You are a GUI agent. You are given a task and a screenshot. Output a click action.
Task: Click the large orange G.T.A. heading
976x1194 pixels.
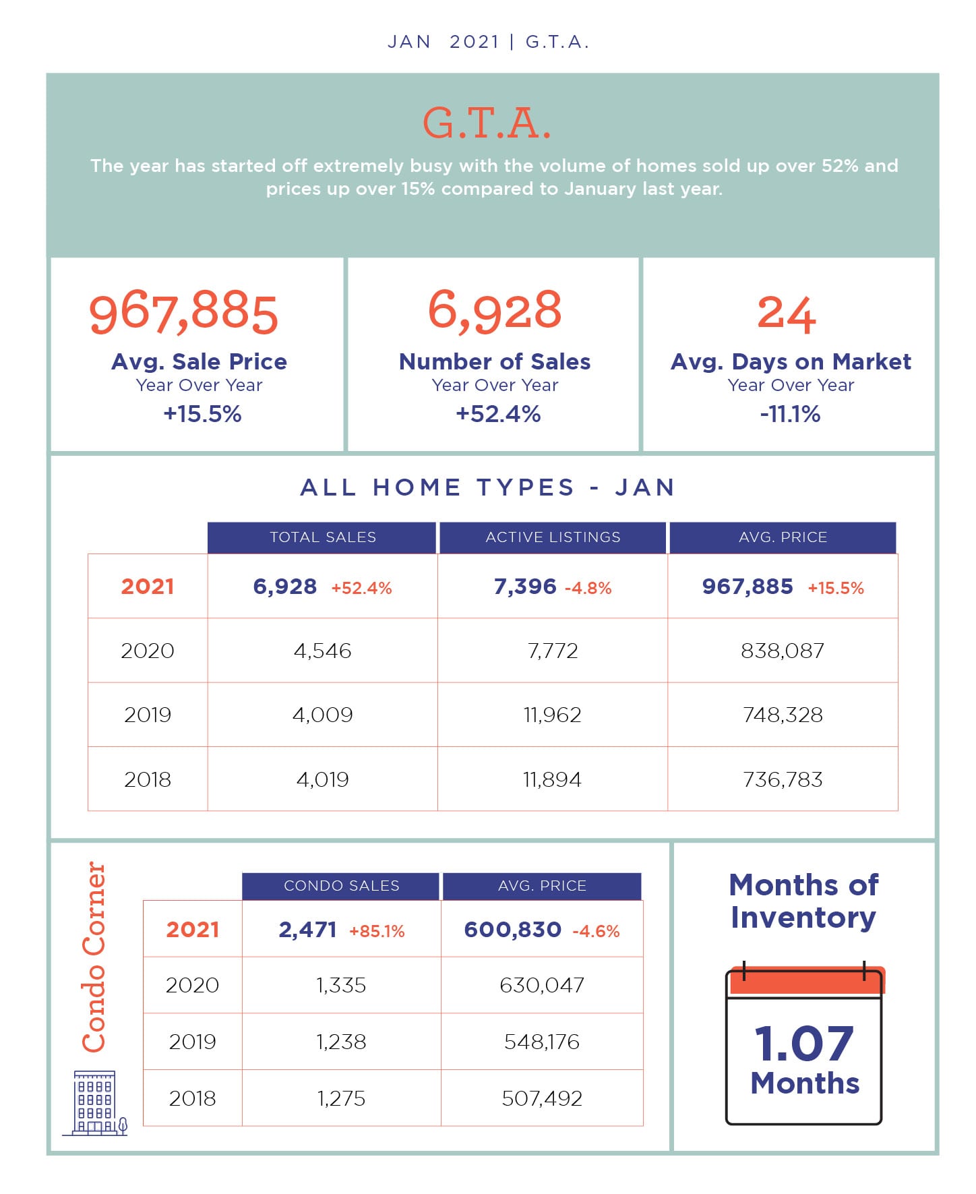click(x=487, y=123)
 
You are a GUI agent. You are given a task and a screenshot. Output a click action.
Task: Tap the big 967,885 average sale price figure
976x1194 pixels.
click(x=183, y=313)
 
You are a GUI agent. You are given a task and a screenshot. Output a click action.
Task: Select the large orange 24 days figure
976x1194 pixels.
click(x=787, y=314)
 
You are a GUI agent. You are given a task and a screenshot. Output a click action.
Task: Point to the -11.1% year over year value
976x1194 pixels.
click(x=790, y=413)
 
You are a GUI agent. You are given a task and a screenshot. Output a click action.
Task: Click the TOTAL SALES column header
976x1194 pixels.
click(x=323, y=537)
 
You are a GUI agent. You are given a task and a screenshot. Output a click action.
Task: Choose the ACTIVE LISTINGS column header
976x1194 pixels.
click(x=553, y=537)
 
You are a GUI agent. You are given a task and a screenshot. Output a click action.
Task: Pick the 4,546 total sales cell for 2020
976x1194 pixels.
click(x=323, y=651)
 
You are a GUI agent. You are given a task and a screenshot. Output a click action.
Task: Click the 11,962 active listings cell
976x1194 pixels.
click(x=553, y=715)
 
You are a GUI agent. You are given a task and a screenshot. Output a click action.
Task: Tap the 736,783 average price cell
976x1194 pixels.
click(x=783, y=779)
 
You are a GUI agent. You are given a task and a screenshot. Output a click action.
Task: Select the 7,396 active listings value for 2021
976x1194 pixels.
click(x=525, y=587)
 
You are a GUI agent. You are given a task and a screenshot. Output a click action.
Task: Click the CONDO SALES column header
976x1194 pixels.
click(x=341, y=886)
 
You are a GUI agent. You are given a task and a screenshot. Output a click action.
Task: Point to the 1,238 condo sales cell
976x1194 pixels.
click(x=341, y=1042)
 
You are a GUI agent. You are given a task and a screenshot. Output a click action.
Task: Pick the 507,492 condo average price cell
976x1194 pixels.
click(x=542, y=1098)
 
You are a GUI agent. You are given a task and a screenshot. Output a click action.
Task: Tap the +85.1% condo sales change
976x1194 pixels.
click(x=377, y=931)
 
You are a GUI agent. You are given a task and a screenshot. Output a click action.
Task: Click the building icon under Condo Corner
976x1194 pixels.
click(x=95, y=1103)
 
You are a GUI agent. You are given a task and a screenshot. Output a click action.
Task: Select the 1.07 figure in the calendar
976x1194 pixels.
click(x=804, y=1043)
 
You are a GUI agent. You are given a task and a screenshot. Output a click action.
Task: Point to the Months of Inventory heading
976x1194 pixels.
click(x=803, y=901)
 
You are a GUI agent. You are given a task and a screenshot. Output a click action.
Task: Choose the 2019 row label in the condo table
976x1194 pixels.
click(x=193, y=1042)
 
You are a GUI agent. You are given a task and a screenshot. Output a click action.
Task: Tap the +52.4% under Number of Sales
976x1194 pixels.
click(x=498, y=413)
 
